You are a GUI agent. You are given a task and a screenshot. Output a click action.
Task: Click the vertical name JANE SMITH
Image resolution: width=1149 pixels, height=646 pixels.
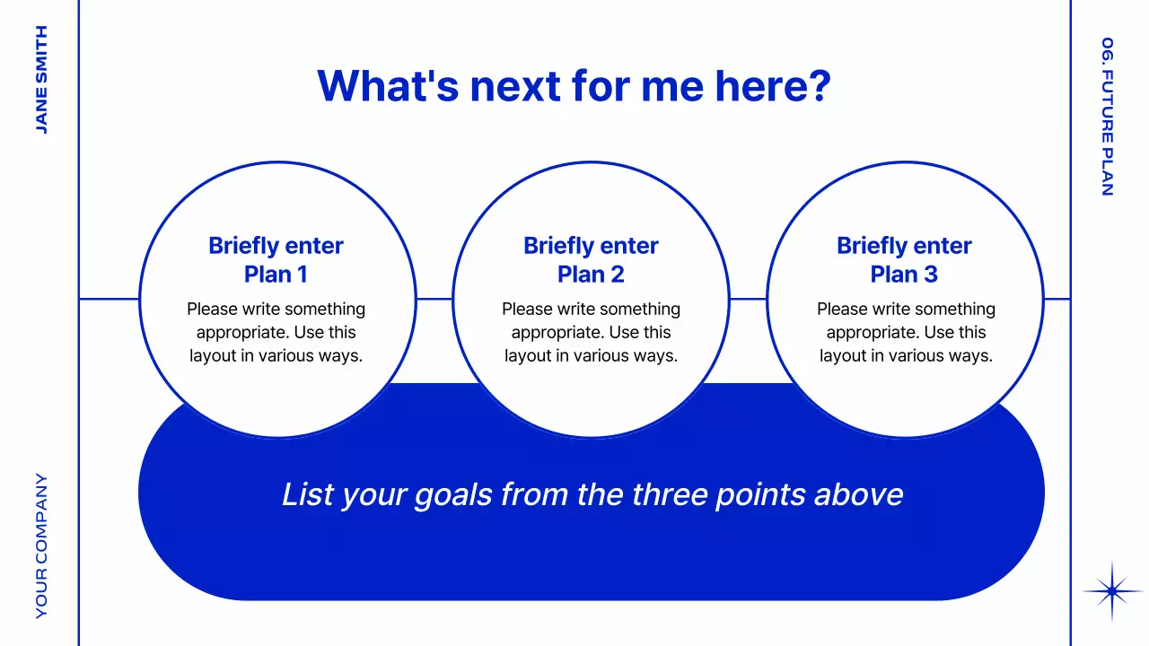41,80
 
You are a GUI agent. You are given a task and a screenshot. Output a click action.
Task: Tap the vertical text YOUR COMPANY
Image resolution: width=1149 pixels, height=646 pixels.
41,546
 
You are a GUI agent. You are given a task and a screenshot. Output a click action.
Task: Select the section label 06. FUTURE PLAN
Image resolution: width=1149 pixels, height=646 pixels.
1108,117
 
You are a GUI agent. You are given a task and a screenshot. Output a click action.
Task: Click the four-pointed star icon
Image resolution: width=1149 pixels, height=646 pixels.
1112,591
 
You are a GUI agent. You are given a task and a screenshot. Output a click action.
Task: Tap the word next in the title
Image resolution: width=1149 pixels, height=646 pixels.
515,87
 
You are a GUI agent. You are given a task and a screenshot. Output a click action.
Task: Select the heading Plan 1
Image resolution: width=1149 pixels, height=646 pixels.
276,274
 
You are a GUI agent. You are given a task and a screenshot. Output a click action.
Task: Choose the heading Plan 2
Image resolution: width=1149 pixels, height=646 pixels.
591,274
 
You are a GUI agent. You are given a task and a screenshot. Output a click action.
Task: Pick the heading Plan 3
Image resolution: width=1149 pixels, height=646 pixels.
904,274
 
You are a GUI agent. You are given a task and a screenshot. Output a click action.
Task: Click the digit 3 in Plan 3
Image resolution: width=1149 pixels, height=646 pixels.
931,274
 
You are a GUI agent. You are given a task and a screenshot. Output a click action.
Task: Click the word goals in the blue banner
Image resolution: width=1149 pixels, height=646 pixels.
453,495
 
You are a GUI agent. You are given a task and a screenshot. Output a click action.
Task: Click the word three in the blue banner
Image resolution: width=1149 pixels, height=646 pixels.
670,494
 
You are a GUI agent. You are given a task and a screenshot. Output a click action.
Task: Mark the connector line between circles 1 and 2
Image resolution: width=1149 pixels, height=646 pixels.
434,299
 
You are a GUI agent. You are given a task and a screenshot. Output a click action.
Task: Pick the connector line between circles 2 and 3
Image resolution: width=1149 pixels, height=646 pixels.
749,299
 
